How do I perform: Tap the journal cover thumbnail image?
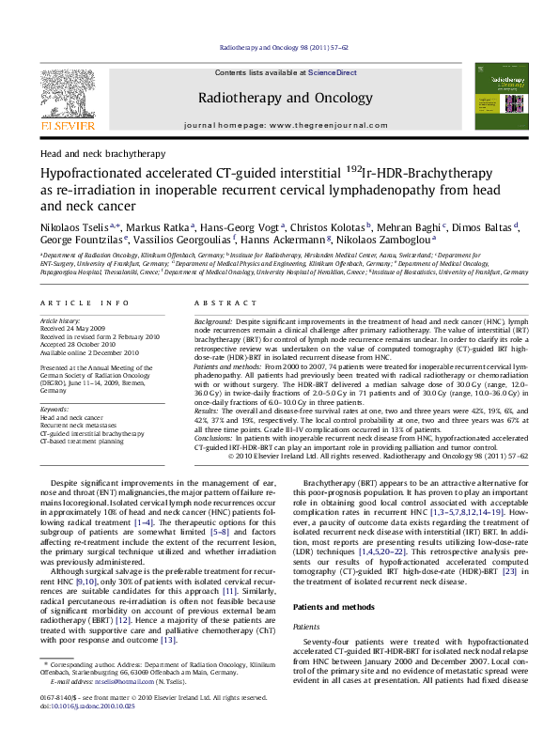point(497,98)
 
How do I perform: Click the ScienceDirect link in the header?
point(333,72)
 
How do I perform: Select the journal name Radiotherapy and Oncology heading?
point(279,97)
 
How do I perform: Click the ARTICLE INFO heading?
point(83,303)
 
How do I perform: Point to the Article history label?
point(60,321)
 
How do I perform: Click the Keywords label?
point(55,410)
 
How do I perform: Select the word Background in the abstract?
point(213,321)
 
